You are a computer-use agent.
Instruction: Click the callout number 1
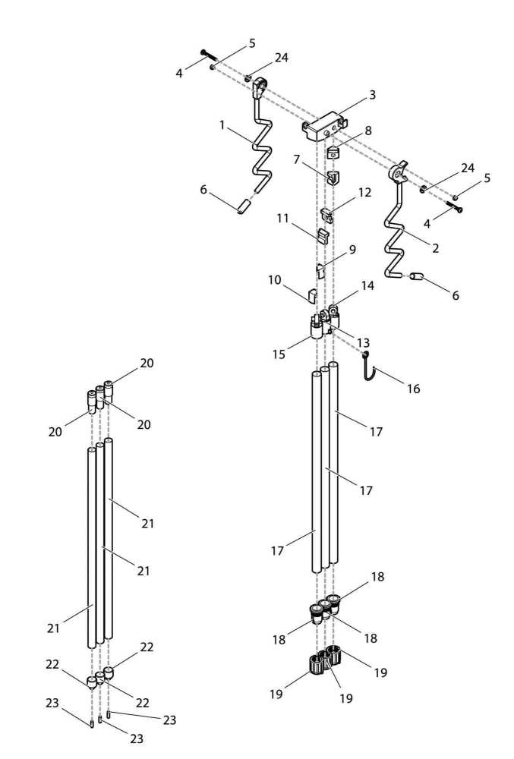click(x=222, y=124)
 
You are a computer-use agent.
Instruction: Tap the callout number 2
click(x=435, y=248)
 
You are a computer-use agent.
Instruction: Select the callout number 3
click(x=372, y=95)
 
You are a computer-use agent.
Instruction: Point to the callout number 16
click(x=413, y=389)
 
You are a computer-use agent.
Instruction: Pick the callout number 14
click(x=367, y=286)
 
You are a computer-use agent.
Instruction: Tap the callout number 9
click(x=352, y=249)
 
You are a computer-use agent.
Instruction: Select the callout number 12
click(x=364, y=193)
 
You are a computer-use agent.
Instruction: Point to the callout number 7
click(x=298, y=160)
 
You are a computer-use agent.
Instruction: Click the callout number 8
click(x=367, y=130)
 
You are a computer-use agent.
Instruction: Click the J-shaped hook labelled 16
click(x=369, y=371)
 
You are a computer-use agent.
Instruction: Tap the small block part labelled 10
click(x=311, y=294)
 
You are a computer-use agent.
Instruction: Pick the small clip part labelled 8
click(x=333, y=153)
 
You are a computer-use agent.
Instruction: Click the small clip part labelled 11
click(x=323, y=235)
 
